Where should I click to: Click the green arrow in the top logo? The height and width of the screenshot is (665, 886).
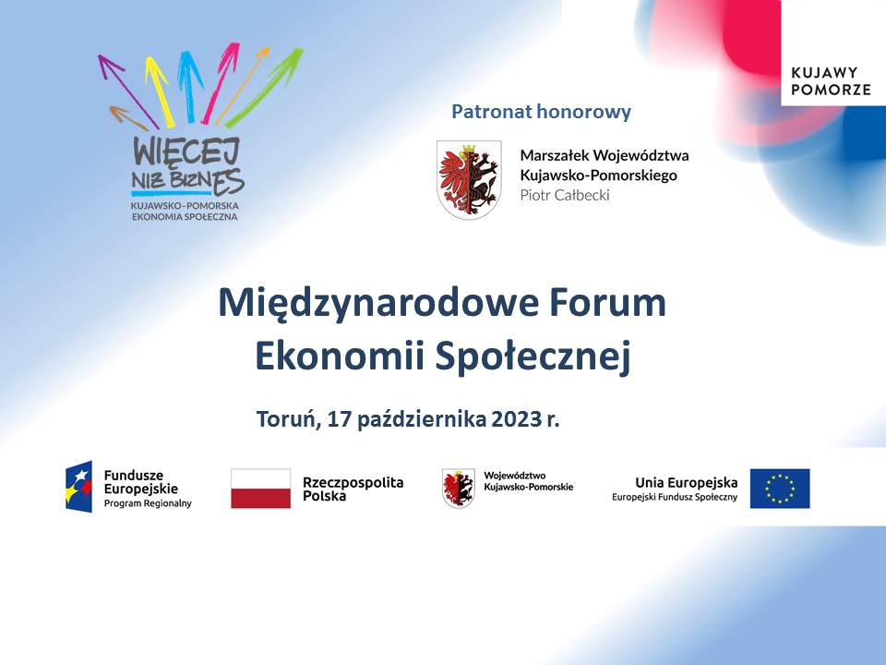[x=265, y=87]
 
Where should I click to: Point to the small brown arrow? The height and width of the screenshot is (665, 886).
[x=128, y=117]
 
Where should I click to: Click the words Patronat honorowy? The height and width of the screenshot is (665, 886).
[x=541, y=112]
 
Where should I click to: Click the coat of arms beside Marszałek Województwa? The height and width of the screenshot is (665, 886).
[x=469, y=179]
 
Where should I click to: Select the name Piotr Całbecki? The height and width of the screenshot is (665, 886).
[x=565, y=195]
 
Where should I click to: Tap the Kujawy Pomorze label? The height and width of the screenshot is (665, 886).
[x=831, y=81]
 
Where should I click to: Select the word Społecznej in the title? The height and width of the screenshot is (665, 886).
[x=533, y=357]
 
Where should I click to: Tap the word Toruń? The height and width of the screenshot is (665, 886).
[x=288, y=419]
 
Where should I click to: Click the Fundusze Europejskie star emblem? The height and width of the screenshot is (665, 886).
[x=79, y=487]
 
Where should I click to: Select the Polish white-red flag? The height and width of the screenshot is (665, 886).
[x=260, y=489]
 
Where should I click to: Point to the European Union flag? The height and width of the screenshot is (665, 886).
[x=780, y=489]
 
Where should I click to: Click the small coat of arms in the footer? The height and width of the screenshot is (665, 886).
[x=459, y=488]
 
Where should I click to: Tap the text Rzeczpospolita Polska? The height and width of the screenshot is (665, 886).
[x=353, y=490]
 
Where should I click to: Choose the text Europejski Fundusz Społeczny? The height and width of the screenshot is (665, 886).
[x=675, y=497]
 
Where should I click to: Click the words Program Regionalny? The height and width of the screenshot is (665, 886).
[x=148, y=503]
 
